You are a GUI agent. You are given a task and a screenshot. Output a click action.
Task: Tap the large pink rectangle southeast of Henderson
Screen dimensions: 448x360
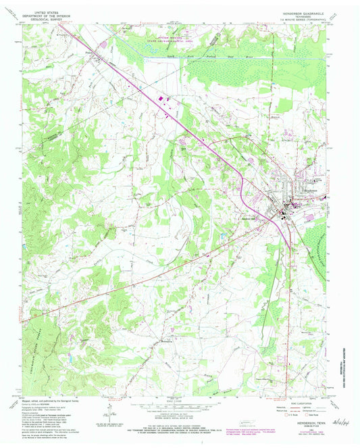pos(309,218)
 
